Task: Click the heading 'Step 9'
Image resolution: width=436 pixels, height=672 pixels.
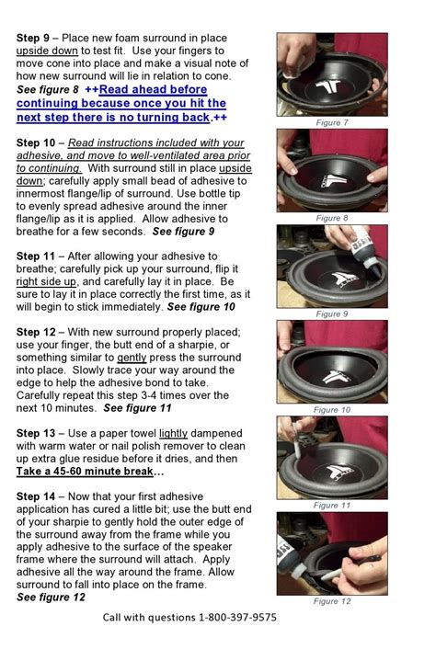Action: pyautogui.click(x=33, y=39)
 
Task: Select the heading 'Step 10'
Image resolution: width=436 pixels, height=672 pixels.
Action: pyautogui.click(x=36, y=143)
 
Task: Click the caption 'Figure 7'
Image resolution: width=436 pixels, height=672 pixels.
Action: pyautogui.click(x=332, y=122)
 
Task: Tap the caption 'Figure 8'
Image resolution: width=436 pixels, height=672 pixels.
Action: pyautogui.click(x=332, y=218)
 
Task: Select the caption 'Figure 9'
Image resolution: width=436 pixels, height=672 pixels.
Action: pyautogui.click(x=332, y=313)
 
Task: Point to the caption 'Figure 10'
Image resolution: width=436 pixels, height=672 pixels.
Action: pyautogui.click(x=332, y=409)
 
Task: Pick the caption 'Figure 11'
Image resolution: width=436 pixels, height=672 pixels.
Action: pyautogui.click(x=332, y=505)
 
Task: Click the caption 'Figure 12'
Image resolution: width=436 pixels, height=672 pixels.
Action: pyautogui.click(x=332, y=601)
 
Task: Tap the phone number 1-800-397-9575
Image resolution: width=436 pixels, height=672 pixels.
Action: pyautogui.click(x=237, y=618)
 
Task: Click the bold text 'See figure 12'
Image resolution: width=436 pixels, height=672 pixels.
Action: pyautogui.click(x=52, y=598)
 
